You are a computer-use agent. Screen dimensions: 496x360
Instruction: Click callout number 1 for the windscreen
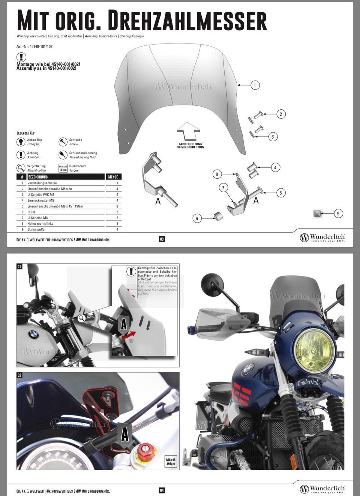coord(255,85)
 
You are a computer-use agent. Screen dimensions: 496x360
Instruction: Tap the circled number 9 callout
coord(338,214)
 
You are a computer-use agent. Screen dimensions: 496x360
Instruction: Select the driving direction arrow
coord(191,131)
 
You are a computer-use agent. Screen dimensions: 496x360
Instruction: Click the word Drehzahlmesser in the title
coord(187,21)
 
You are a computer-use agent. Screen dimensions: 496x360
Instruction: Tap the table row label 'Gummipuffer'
coord(36,229)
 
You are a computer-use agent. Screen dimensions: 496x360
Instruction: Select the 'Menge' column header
coord(113,177)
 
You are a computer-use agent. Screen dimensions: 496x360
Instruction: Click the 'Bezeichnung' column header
coord(38,177)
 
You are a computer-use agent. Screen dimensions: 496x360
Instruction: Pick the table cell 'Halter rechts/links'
coord(40,224)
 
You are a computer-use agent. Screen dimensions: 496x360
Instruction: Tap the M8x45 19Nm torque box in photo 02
coord(171,462)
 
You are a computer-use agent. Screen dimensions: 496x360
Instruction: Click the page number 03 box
coord(162,239)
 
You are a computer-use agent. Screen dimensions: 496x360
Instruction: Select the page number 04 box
coord(162,490)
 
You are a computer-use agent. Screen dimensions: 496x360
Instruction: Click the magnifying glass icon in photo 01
coord(81,318)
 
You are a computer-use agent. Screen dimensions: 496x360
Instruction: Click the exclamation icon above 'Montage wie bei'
coord(21,57)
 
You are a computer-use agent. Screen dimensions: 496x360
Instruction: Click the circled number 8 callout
coord(217,174)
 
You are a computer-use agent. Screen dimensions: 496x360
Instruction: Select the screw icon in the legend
coord(63,142)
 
